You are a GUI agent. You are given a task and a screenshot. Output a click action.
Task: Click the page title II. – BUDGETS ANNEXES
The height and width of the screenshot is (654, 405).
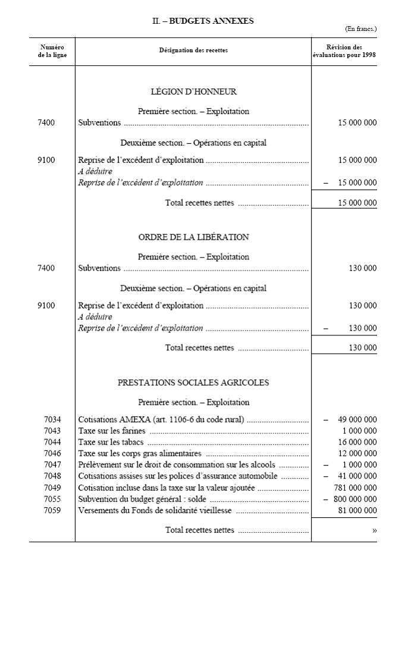pyautogui.click(x=203, y=21)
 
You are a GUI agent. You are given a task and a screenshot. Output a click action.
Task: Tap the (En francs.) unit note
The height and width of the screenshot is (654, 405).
pyautogui.click(x=361, y=29)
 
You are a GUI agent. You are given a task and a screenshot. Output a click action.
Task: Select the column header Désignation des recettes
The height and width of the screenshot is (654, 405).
pyautogui.click(x=193, y=51)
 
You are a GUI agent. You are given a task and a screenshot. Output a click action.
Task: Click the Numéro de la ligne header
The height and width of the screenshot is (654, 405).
pyautogui.click(x=52, y=51)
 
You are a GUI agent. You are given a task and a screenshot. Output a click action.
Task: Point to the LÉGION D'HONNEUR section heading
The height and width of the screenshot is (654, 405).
pyautogui.click(x=193, y=92)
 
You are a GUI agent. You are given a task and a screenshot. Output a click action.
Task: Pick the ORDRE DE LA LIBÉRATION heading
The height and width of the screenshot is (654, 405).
pyautogui.click(x=193, y=237)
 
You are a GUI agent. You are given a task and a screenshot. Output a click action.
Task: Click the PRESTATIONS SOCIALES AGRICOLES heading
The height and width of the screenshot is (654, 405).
pyautogui.click(x=193, y=382)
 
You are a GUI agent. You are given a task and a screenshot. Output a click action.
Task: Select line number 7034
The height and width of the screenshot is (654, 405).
pyautogui.click(x=52, y=420)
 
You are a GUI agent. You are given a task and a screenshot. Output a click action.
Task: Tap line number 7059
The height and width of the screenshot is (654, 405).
pyautogui.click(x=52, y=510)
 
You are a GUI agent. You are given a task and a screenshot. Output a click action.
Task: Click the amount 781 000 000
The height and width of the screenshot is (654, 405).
pyautogui.click(x=355, y=488)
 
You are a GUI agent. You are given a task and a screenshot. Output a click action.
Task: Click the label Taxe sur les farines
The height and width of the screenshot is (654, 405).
pyautogui.click(x=112, y=431)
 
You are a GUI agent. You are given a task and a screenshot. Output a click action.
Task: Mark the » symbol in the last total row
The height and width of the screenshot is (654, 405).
pyautogui.click(x=374, y=530)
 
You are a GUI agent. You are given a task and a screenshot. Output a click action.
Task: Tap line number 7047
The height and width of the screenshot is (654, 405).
pyautogui.click(x=52, y=465)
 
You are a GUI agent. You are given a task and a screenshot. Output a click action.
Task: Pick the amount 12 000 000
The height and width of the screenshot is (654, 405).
pyautogui.click(x=357, y=454)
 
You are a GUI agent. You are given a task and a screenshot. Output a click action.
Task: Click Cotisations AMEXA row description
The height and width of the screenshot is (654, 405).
pyautogui.click(x=161, y=420)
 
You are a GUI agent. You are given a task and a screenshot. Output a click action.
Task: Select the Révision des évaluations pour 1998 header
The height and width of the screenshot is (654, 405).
pyautogui.click(x=344, y=51)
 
